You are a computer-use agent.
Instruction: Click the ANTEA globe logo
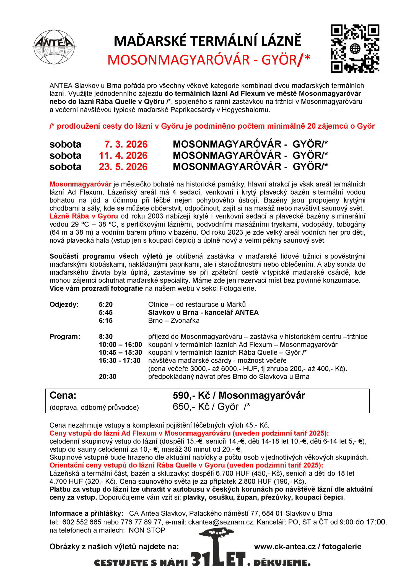coord(54,47)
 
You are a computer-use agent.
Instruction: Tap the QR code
coord(355,49)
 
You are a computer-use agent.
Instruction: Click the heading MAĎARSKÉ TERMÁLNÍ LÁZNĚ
coord(207,41)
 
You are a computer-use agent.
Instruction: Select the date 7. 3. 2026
coord(126,144)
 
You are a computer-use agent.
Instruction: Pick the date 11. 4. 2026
coord(123,155)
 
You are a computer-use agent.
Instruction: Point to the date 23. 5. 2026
coord(123,167)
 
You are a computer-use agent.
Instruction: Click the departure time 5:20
coord(106,305)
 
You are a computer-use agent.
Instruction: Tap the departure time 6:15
coord(106,321)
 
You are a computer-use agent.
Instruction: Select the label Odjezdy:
coord(64,305)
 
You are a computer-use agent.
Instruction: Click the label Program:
coord(65,337)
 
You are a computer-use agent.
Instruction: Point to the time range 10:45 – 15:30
coord(120,352)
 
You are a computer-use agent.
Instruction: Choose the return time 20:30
coord(108,376)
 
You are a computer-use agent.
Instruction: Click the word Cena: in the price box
coord(63,396)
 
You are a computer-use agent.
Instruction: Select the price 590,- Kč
coord(191,396)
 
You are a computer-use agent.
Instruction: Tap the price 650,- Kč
coord(191,407)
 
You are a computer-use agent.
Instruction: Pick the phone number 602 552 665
coord(82,522)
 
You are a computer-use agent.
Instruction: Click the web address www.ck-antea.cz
coord(285,547)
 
